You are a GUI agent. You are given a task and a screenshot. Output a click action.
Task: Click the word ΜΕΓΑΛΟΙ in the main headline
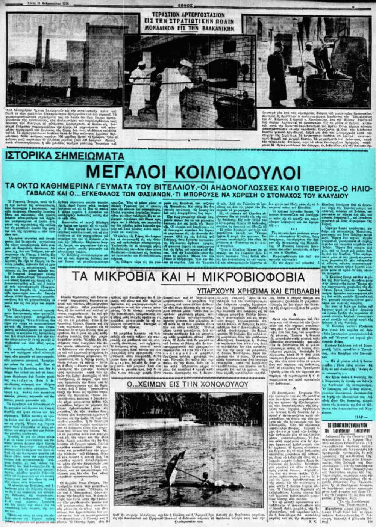click(x=124, y=173)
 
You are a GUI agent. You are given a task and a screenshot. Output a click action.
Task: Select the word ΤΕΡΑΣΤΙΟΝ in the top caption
click(x=168, y=15)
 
